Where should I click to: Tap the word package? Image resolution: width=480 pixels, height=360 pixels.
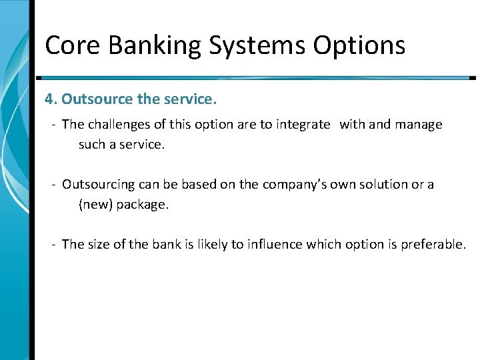click(x=143, y=205)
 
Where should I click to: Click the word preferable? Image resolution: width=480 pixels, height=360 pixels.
click(x=433, y=245)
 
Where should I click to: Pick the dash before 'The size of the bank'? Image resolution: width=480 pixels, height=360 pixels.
click(x=53, y=245)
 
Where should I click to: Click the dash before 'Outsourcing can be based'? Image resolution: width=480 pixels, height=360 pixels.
click(x=53, y=185)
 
